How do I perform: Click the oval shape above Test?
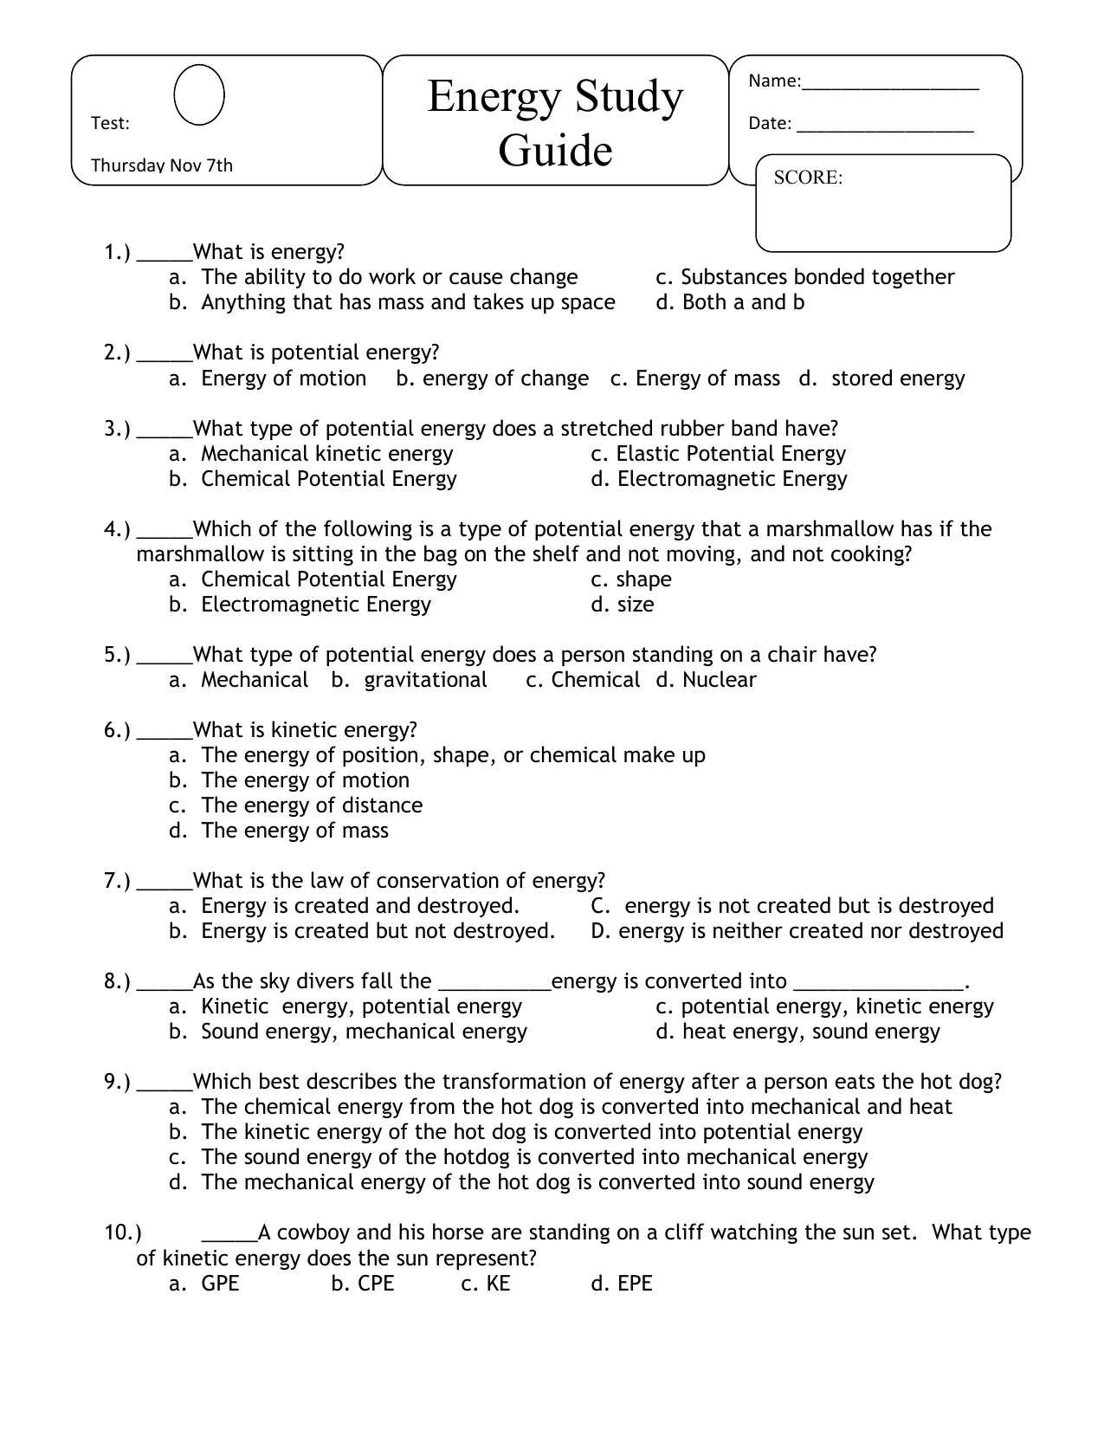point(199,95)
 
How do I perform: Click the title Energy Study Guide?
point(555,122)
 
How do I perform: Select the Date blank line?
point(885,130)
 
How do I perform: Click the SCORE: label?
point(807,178)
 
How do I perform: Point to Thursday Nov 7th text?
point(162,165)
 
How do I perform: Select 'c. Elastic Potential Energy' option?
point(718,454)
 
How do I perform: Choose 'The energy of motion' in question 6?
point(305,780)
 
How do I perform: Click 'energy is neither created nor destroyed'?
point(810,931)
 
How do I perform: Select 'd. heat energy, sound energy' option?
point(797,1032)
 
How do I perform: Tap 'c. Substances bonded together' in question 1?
point(804,277)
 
